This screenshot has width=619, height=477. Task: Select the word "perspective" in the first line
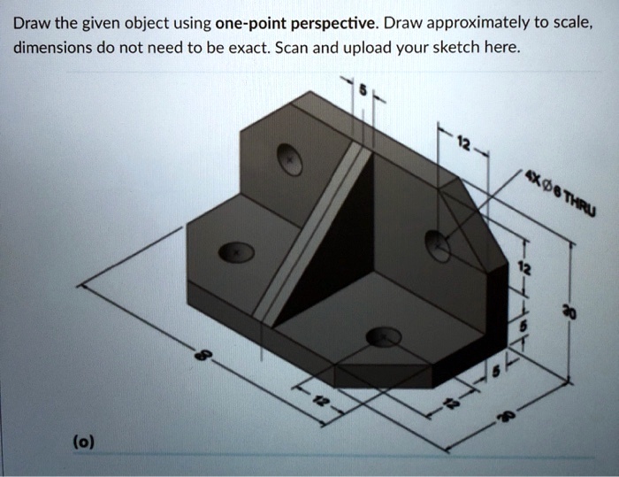click(332, 21)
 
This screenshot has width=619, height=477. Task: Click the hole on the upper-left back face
click(289, 159)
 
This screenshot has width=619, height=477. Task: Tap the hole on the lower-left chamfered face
click(236, 253)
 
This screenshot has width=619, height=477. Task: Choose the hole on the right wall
click(437, 245)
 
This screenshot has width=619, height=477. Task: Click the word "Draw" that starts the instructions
click(31, 21)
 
